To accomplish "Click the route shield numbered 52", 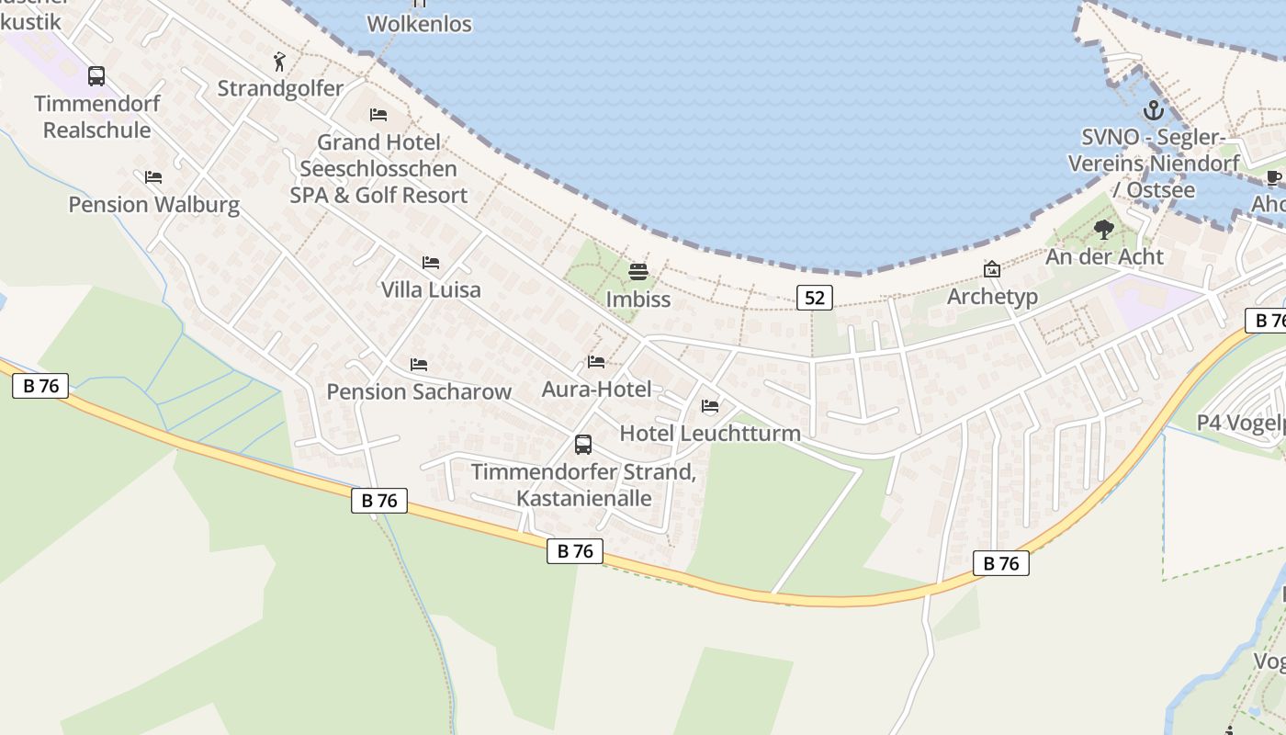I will click(x=814, y=297).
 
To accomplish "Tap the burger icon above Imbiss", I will click(x=638, y=272).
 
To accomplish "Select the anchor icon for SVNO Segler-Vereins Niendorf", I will click(x=1153, y=111).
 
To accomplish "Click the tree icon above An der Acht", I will click(x=1104, y=229).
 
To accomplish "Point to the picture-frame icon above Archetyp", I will click(x=992, y=269).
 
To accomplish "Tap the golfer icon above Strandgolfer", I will click(x=280, y=62).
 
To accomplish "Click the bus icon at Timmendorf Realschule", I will click(x=96, y=76).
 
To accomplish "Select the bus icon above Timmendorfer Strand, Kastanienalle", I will click(x=583, y=445).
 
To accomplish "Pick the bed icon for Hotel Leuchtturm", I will click(x=710, y=406).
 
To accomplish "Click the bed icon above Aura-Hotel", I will click(x=596, y=362).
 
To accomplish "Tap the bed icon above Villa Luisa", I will click(x=431, y=263).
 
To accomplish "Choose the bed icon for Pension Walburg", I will click(x=153, y=176).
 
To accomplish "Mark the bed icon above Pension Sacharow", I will click(x=419, y=365).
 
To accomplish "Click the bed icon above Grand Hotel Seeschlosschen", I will click(x=378, y=115).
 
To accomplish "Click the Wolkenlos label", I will click(x=420, y=24).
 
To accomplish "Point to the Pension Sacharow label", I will click(x=419, y=391).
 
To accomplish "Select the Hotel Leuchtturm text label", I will click(x=710, y=433).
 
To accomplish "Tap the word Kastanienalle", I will click(x=584, y=498).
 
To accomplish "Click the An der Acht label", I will click(x=1104, y=256).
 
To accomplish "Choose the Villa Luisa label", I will click(x=431, y=289).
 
